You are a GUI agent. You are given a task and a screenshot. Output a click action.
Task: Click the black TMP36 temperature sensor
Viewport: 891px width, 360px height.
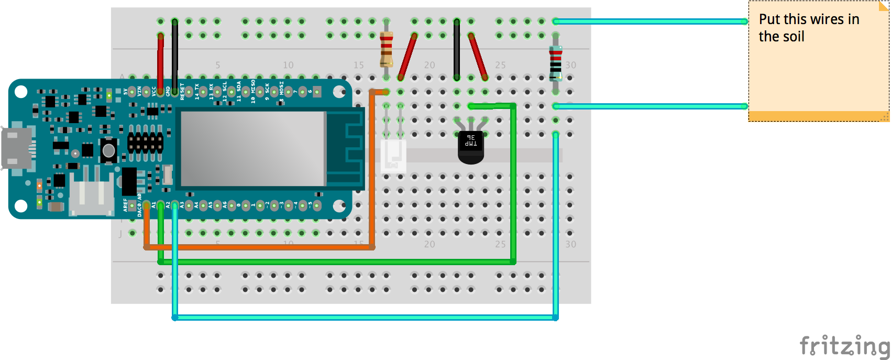click(x=470, y=147)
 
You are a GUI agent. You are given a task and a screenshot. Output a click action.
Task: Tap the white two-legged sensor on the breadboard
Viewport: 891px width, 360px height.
click(x=393, y=155)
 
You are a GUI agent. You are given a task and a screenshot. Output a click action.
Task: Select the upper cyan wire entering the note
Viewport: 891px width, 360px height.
click(x=650, y=21)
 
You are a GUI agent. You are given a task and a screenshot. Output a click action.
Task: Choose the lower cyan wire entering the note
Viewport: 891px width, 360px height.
click(x=650, y=106)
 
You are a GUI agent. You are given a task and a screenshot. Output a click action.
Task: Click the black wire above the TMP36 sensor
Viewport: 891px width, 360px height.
click(x=457, y=50)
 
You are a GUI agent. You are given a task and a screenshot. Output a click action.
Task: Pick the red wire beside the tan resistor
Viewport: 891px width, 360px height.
click(x=408, y=57)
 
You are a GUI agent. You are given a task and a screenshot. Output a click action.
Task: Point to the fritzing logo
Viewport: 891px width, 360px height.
click(x=844, y=346)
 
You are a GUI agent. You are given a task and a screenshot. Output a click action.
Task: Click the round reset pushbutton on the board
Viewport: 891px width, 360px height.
click(x=108, y=150)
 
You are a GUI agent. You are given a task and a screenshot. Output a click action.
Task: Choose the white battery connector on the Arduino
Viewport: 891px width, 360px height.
click(x=92, y=197)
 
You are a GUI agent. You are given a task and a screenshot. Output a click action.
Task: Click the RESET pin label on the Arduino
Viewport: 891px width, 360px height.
click(x=182, y=91)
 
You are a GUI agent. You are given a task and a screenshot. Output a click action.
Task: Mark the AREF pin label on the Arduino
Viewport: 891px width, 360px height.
click(x=125, y=204)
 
